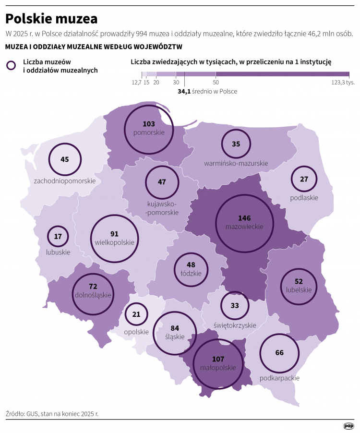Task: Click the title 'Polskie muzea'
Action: point(51,19)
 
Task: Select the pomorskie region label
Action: point(149,132)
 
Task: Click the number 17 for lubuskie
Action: point(58,236)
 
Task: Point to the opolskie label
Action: point(136,332)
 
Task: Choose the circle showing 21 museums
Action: point(136,314)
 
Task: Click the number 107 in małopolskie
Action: point(218,359)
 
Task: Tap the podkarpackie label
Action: point(279,378)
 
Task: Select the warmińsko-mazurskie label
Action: point(236,164)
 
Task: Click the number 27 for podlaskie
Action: point(304,179)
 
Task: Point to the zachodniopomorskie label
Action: point(65,181)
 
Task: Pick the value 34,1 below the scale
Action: point(184,91)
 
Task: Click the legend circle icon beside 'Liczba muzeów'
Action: point(11,66)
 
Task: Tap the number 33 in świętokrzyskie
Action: point(235,305)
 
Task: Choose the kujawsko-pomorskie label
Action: point(162,208)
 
